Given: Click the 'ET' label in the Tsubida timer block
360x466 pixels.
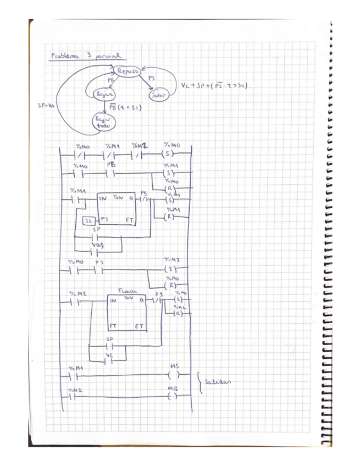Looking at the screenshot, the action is [140, 326].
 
